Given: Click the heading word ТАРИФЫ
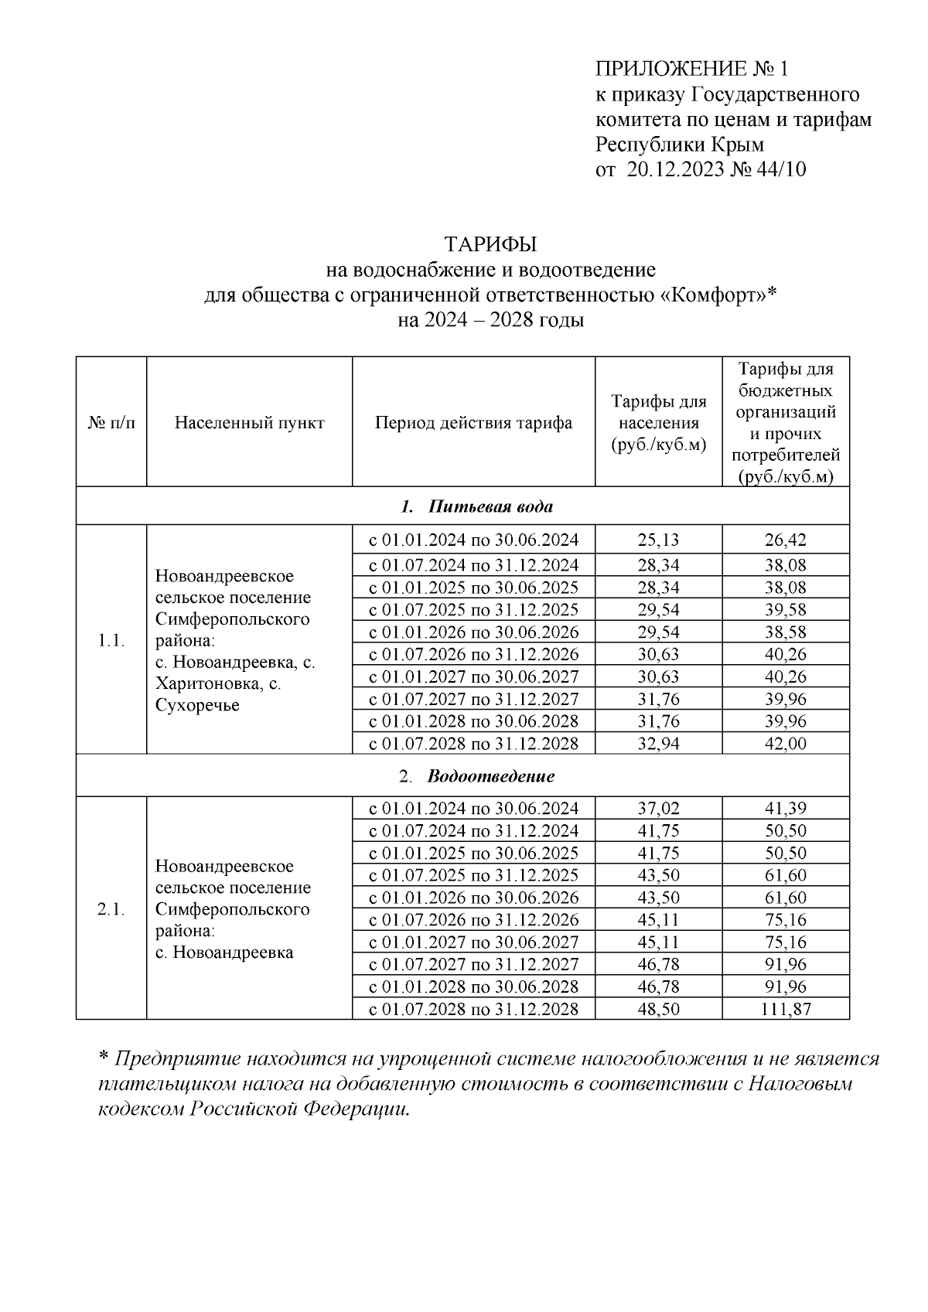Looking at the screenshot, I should coord(490,244).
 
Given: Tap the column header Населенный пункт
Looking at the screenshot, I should coord(249,423).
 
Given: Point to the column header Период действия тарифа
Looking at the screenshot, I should coord(473,423).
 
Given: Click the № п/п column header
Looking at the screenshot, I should coord(111,423).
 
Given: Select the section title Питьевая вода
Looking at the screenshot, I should coord(490,507).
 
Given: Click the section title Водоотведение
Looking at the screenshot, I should coord(490,775).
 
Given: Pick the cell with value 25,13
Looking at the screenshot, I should coord(658,540).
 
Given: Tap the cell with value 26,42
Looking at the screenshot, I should coord(785,540).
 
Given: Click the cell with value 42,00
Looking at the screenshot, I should coord(785,744).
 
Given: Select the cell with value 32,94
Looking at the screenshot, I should coord(658,744).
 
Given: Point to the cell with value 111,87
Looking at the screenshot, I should coord(785,1009).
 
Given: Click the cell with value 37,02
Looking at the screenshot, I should coord(658,809).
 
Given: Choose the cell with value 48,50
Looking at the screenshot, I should coord(658,1009).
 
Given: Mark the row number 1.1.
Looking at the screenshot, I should coord(111,641).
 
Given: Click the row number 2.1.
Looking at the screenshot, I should coord(111,909).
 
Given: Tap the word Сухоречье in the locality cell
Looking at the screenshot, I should coord(197,705).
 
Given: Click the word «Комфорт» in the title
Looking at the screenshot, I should coord(714,295).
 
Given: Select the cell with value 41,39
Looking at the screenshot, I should coord(785,809).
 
